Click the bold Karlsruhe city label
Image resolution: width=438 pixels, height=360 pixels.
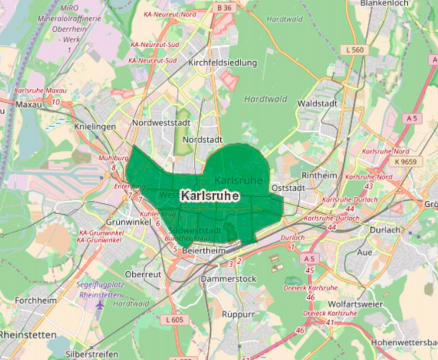pyautogui.click(x=209, y=196)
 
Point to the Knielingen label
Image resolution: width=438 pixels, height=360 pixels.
pyautogui.click(x=95, y=126)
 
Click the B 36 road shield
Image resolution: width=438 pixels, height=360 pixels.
pyautogui.click(x=224, y=8)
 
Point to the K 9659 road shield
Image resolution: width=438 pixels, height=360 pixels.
pyautogui.click(x=404, y=162)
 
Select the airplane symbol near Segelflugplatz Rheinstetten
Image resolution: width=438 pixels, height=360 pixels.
pyautogui.click(x=99, y=303)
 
